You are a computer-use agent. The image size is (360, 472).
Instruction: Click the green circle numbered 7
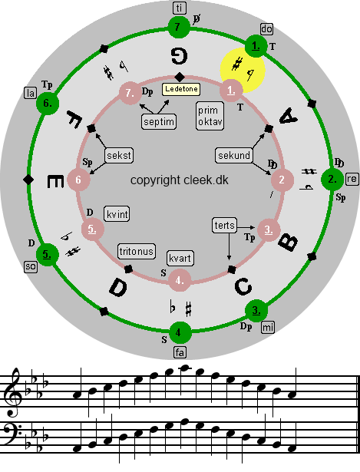point(179,28)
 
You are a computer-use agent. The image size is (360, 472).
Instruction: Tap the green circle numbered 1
point(256,46)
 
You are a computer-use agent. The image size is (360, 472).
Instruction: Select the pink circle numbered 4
point(180,280)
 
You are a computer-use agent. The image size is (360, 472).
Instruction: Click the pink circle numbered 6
point(78,180)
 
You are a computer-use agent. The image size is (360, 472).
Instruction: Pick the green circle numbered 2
point(332,180)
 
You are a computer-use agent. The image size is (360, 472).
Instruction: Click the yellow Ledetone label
point(181,89)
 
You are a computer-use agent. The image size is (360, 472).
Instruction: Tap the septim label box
point(159,121)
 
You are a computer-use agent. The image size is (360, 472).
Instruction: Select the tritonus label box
point(137,252)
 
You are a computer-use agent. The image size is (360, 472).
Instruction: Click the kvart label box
point(180,259)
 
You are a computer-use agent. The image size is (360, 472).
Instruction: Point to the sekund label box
point(234,155)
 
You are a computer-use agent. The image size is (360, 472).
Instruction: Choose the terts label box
point(225,226)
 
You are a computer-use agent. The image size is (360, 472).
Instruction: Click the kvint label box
point(117,214)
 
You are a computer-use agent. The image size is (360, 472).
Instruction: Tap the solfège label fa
point(180,352)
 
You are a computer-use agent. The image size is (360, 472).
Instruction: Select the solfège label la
point(30,93)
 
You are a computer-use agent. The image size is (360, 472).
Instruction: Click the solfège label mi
point(268,327)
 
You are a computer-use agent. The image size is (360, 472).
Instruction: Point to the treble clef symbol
point(13,392)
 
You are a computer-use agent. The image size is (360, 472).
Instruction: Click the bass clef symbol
point(12,435)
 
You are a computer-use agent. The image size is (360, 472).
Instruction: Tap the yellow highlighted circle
point(243,70)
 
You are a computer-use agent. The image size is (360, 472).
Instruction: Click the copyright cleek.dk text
point(180,180)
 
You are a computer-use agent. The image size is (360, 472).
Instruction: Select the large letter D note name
point(118,287)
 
